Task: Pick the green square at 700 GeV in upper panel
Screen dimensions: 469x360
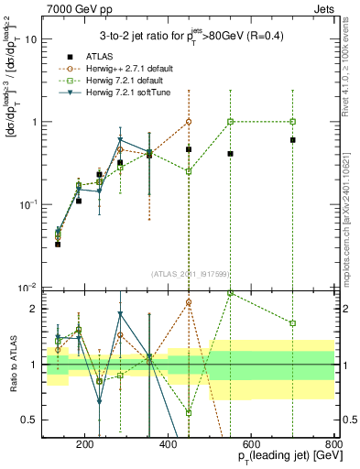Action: coord(292,121)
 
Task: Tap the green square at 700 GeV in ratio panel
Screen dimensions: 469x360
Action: coord(292,323)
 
